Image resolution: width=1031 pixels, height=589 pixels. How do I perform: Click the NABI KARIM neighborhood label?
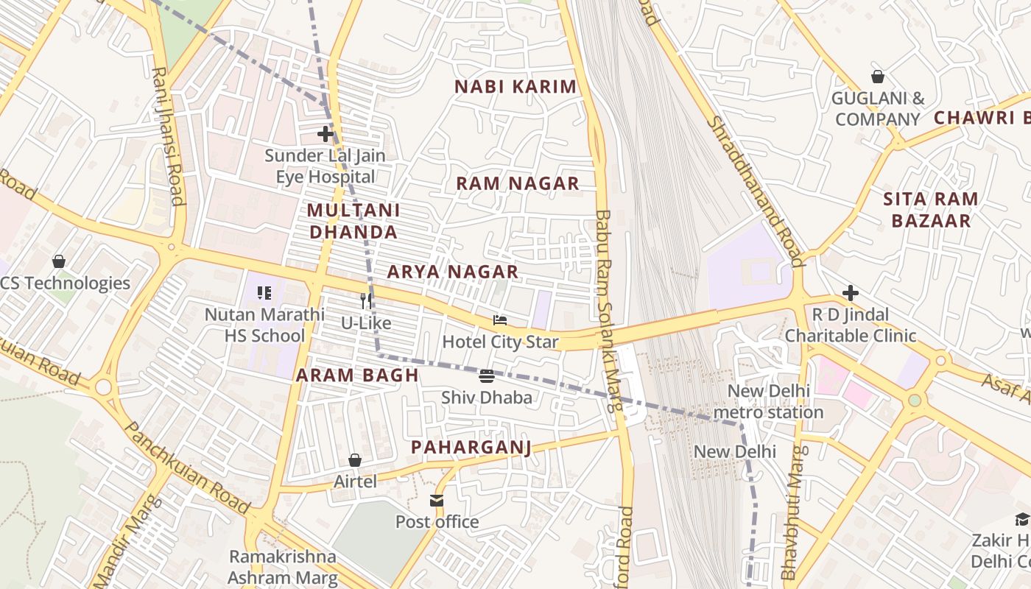coord(515,87)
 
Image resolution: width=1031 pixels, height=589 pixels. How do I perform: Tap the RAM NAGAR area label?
coord(518,184)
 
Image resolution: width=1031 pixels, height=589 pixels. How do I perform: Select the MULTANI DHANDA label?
coord(353,221)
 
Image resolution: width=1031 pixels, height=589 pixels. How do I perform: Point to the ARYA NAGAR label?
coord(453,272)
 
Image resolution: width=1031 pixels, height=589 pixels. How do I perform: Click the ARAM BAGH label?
coord(357,375)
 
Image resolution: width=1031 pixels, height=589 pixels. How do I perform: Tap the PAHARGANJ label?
coord(471,447)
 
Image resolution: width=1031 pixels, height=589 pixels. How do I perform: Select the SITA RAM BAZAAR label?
coord(931,209)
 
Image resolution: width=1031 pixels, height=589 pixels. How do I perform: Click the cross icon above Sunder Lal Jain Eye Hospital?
coord(325,134)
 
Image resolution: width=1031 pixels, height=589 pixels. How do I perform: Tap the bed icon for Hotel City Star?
coord(500,320)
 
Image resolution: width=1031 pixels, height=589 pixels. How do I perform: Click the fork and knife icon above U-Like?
coord(366,300)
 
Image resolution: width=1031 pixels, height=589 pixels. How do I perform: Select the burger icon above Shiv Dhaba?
coord(486,376)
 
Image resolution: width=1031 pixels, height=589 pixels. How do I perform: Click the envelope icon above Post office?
coord(437,501)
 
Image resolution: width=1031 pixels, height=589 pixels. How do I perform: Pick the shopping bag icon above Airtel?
coord(355,460)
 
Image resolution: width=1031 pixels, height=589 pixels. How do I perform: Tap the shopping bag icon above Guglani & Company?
coord(877,77)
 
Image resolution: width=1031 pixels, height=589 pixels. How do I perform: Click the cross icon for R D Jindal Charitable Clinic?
coord(851,293)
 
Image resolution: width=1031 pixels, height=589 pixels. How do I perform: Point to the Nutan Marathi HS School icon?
coord(264,293)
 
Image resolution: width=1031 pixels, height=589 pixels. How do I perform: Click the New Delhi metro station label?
coord(768,401)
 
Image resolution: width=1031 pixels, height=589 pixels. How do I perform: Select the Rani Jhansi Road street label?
coord(167,136)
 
